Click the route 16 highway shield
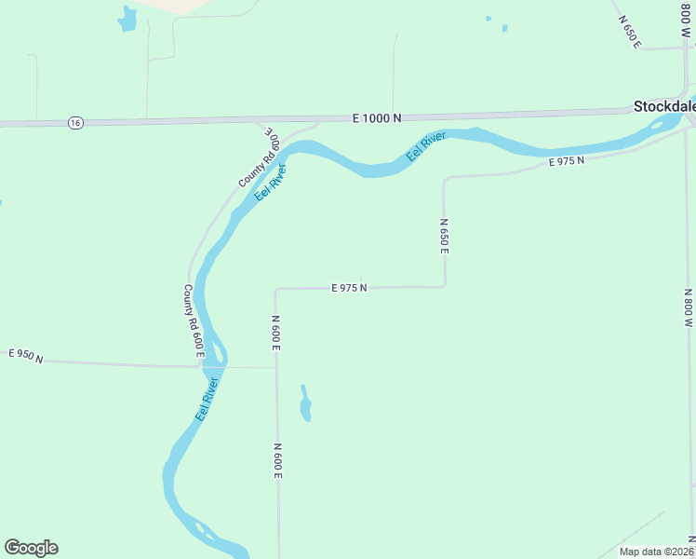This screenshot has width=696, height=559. [75, 122]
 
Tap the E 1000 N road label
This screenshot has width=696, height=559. [377, 118]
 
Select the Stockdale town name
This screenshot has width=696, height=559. [664, 106]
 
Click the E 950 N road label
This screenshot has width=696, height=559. [26, 356]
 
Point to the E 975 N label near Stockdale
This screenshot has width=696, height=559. [566, 161]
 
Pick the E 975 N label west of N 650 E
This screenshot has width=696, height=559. [349, 288]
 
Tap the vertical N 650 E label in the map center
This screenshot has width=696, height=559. [445, 237]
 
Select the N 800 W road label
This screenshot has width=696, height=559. [688, 307]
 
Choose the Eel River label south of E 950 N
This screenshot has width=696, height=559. [207, 399]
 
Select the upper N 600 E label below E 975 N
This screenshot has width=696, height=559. [276, 334]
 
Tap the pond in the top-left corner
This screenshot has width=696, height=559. [127, 18]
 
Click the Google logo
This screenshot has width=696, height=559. [31, 548]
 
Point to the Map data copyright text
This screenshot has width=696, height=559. [656, 552]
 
